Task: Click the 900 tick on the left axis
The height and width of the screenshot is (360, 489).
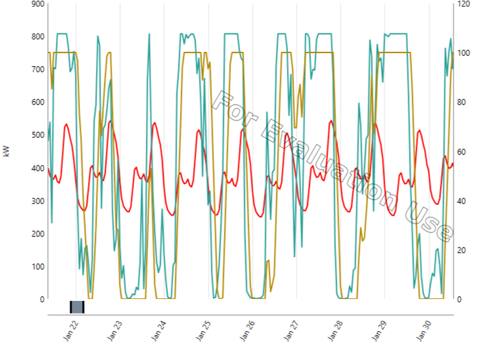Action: (38, 4)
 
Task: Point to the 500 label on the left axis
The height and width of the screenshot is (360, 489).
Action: (38, 135)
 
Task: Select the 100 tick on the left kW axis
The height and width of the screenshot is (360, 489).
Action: (38, 267)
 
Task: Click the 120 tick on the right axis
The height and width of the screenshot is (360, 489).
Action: (464, 4)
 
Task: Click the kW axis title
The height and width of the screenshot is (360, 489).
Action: (7, 151)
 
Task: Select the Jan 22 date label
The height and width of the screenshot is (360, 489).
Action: (70, 329)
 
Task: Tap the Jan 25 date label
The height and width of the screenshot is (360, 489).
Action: (204, 329)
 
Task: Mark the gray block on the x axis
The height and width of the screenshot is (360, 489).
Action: (77, 307)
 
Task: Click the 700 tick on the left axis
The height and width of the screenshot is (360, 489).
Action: (38, 70)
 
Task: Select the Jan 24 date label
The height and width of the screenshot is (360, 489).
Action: (159, 329)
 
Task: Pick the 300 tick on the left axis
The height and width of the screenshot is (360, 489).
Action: (38, 201)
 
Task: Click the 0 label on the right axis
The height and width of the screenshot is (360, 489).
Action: (460, 300)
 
